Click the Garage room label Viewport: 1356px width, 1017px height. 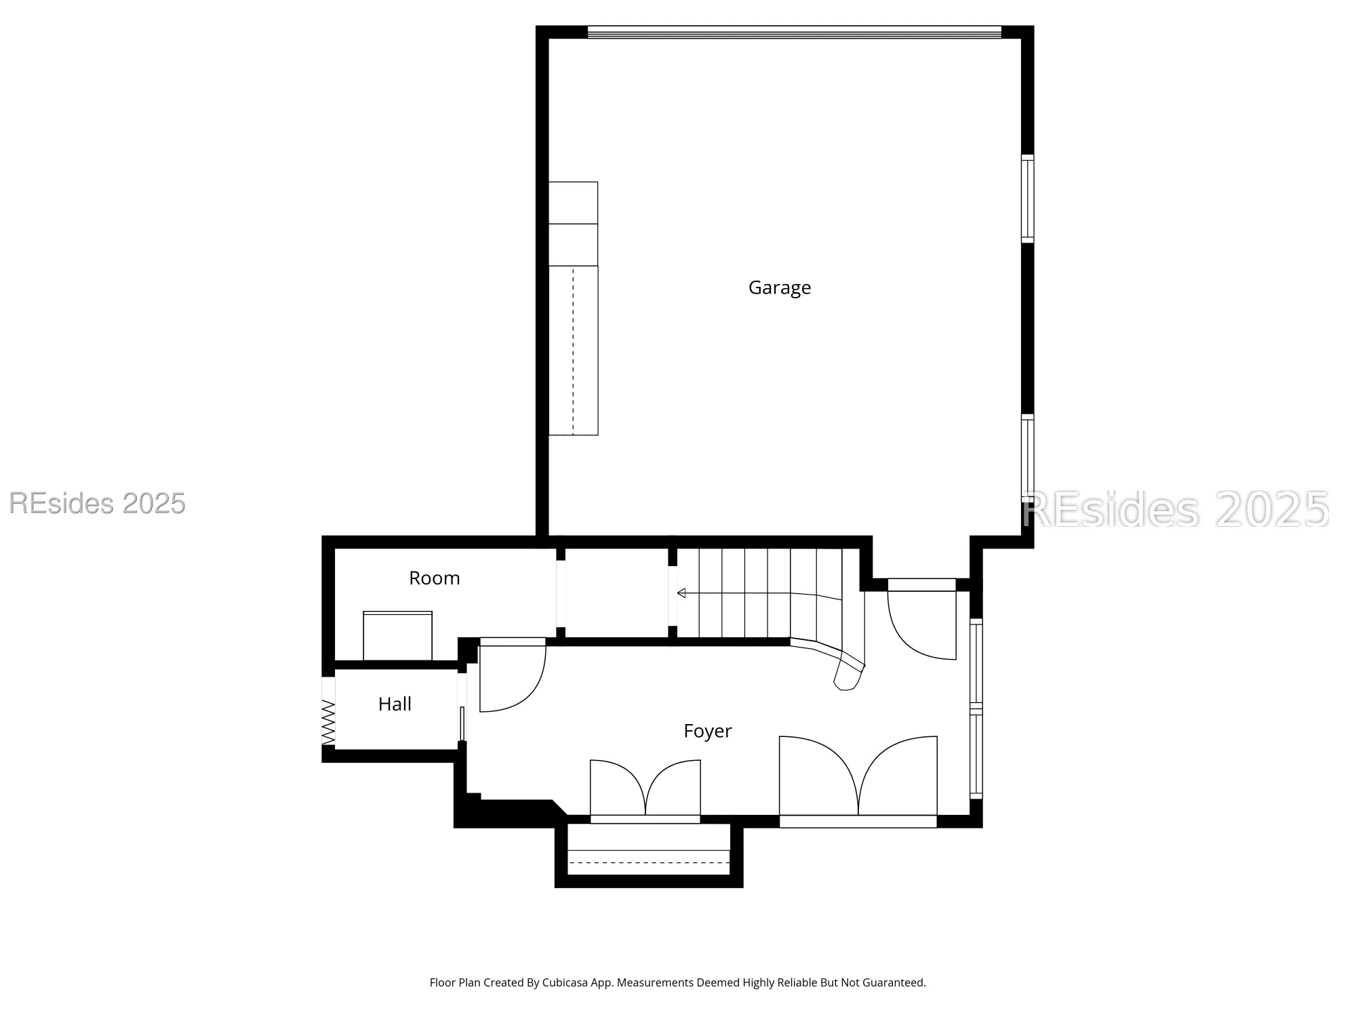tap(779, 287)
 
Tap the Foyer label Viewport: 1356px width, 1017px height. tap(707, 731)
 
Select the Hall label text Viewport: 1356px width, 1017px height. tap(395, 704)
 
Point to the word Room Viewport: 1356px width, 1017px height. tap(434, 578)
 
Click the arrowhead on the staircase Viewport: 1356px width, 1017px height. tap(681, 593)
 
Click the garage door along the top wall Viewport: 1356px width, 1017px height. tap(793, 32)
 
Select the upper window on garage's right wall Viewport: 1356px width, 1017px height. tap(1027, 199)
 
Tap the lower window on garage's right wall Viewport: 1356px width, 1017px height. tap(1027, 458)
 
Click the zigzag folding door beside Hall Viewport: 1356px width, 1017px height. tap(328, 723)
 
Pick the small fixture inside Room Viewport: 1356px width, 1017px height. tap(397, 636)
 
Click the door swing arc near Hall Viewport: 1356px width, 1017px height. tap(512, 678)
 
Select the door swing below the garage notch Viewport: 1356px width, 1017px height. tap(922, 624)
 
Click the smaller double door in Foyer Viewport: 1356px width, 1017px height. tap(645, 790)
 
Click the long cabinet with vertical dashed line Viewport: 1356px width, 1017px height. tap(573, 350)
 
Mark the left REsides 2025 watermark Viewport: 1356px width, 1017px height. tap(97, 503)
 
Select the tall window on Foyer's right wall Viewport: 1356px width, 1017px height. tap(976, 709)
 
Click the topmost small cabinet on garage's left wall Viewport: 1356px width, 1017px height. tap(573, 203)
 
